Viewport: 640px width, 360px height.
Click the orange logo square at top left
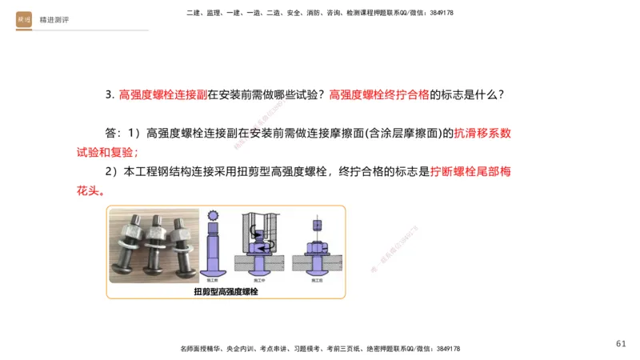[x=24, y=20]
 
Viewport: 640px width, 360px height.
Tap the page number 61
[x=622, y=343]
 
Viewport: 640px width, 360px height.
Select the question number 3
[x=109, y=94]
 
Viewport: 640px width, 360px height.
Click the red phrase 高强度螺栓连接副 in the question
[x=162, y=94]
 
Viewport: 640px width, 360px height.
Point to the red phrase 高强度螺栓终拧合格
[x=379, y=94]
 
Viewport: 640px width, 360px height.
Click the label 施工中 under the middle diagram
[x=261, y=281]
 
